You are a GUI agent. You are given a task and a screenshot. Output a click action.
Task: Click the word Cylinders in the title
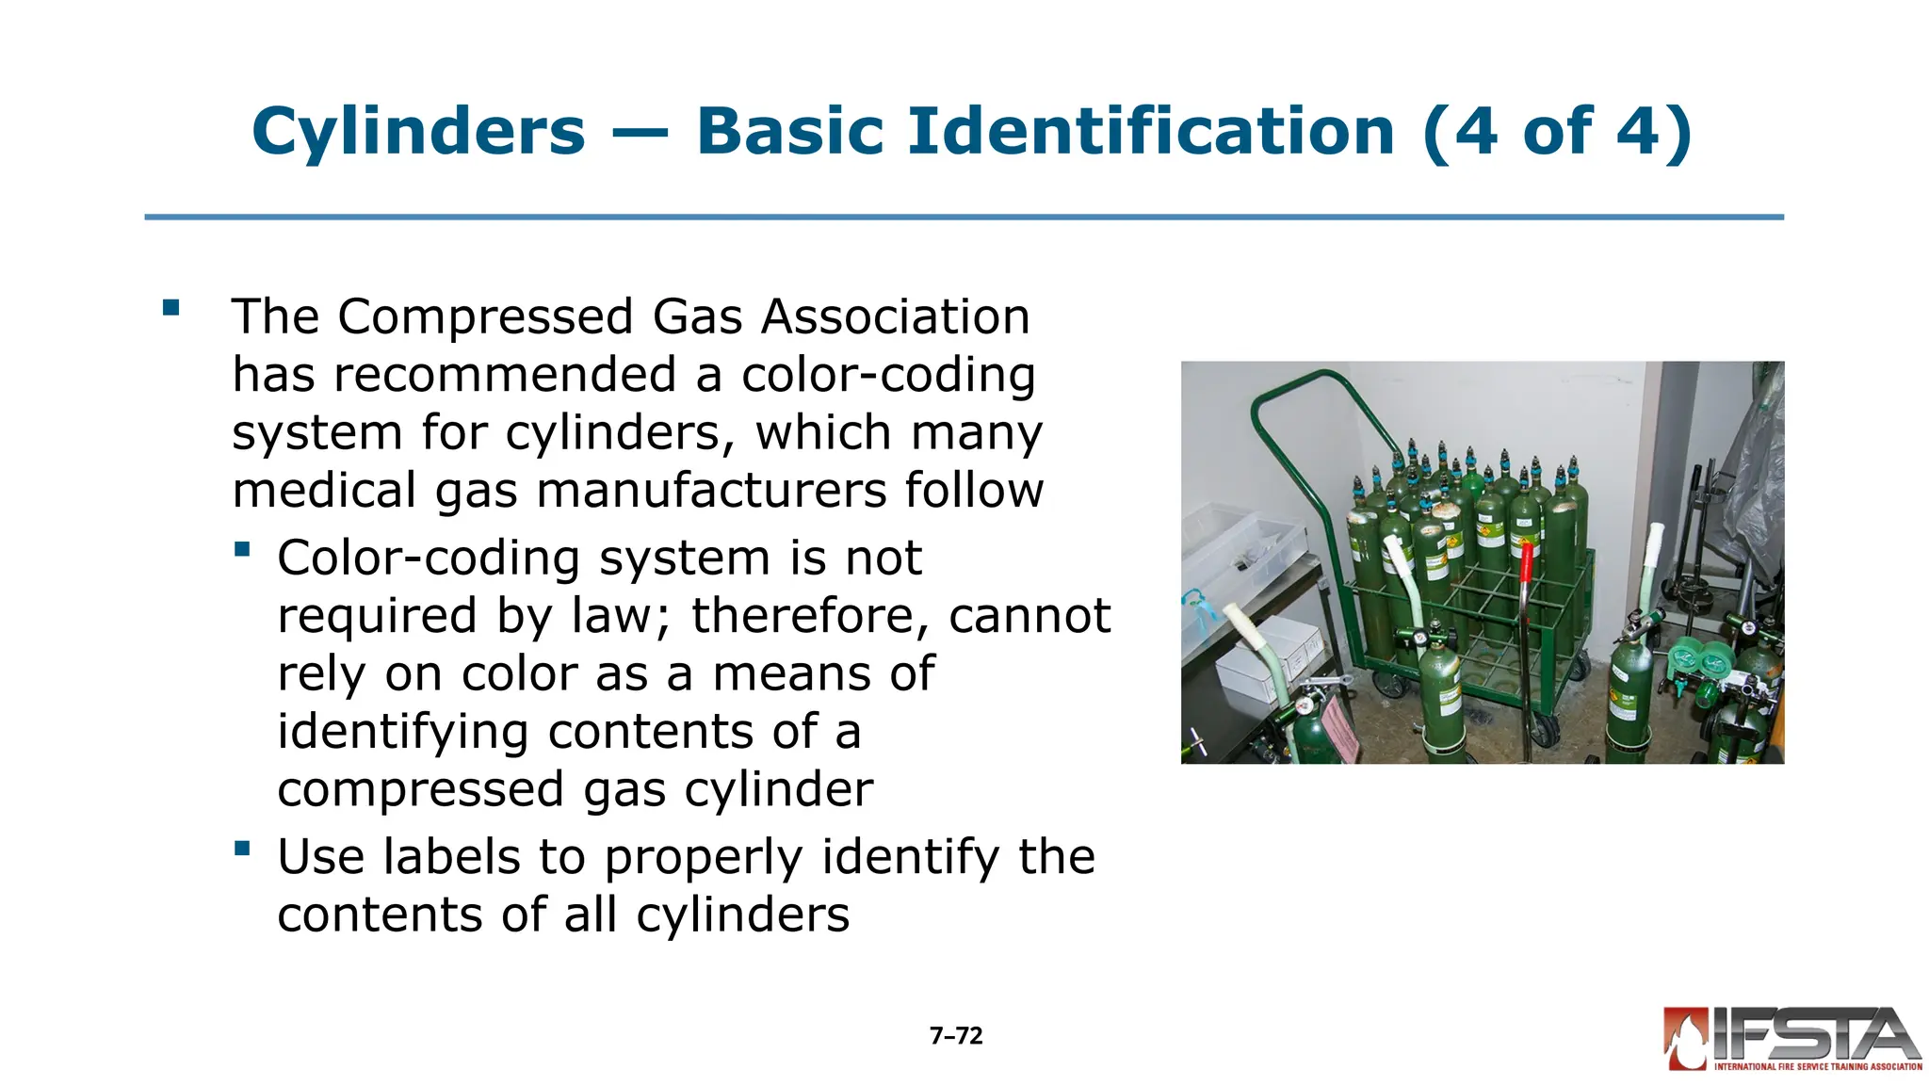tap(418, 132)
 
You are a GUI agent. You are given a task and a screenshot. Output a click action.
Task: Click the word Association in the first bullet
tap(896, 316)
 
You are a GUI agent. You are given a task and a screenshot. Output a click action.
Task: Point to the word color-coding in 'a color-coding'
tap(888, 375)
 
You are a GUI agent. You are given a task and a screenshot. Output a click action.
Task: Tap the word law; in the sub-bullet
tap(622, 616)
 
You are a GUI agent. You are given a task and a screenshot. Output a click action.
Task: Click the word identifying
tap(402, 732)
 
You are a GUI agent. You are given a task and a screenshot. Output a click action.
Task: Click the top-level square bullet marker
tap(170, 307)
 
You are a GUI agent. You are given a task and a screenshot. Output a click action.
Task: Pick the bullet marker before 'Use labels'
tap(243, 849)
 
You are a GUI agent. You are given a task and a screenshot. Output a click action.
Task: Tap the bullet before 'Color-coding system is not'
tap(243, 549)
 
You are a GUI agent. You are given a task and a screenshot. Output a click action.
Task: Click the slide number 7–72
tap(956, 1036)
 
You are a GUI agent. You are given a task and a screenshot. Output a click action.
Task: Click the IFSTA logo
tap(1791, 1039)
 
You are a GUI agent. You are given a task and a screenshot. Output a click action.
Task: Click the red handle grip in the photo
tap(1526, 563)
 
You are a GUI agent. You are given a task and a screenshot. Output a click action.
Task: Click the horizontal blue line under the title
tap(964, 218)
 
